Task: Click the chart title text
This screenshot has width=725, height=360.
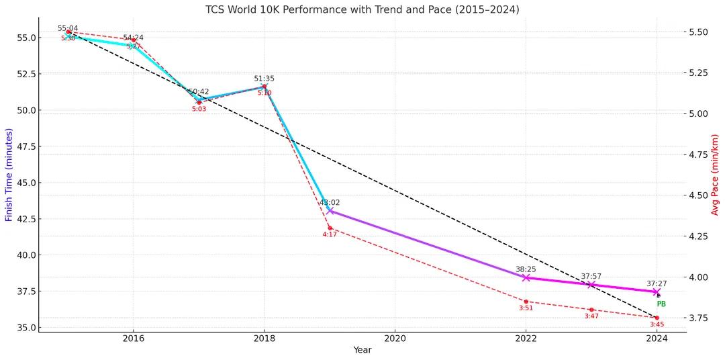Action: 362,9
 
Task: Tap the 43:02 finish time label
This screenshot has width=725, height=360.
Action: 330,202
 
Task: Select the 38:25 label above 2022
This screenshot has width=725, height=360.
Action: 526,269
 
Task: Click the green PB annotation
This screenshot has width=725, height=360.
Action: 661,304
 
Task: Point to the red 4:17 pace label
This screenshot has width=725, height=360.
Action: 330,234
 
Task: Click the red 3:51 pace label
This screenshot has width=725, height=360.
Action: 526,308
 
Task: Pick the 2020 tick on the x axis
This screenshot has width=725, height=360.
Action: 395,339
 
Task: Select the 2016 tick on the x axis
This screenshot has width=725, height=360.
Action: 133,339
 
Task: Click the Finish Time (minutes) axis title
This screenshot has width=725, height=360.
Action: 9,175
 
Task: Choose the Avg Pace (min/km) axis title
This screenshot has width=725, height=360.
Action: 716,175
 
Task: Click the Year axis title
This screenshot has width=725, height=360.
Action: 362,350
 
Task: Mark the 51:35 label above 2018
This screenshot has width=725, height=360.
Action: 264,79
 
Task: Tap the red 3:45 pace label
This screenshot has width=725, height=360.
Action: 657,324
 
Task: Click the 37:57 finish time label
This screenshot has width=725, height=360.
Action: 591,276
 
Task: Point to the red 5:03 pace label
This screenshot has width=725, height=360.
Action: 199,109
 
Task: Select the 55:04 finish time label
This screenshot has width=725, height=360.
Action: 68,28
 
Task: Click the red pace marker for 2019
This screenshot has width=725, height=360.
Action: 330,228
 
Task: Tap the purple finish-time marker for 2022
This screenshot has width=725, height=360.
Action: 526,277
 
